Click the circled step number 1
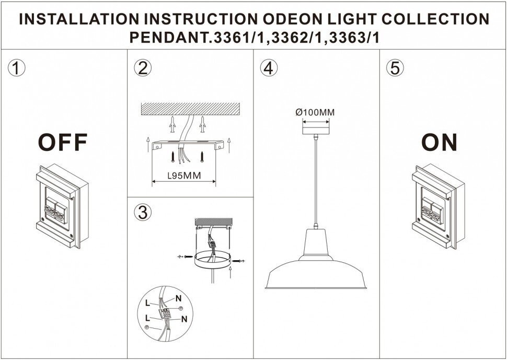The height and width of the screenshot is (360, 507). pyautogui.click(x=17, y=68)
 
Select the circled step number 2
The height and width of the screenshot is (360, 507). pyautogui.click(x=142, y=68)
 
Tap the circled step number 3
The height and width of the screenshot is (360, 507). pyautogui.click(x=142, y=212)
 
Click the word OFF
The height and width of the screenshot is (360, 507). pyautogui.click(x=62, y=142)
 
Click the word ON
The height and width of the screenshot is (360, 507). pyautogui.click(x=439, y=142)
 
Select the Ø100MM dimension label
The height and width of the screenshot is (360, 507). pyautogui.click(x=315, y=112)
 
